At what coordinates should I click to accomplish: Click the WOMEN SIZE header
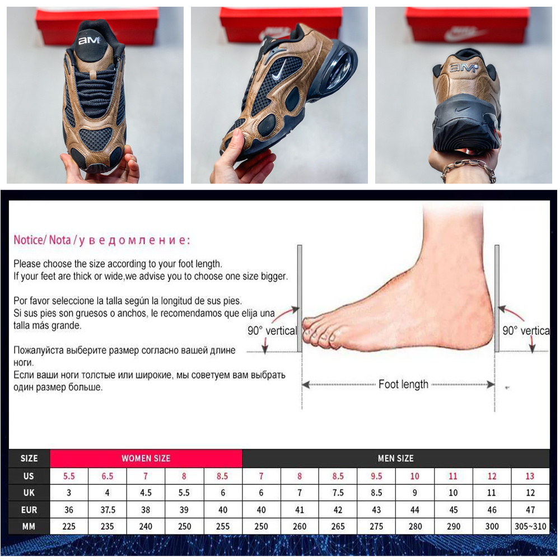click(x=146, y=458)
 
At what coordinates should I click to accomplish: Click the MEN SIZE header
click(x=396, y=458)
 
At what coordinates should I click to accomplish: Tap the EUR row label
click(x=29, y=510)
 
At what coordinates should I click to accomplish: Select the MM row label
click(x=29, y=526)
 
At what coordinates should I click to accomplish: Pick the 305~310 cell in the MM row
click(x=530, y=526)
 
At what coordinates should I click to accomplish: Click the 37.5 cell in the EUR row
click(x=108, y=510)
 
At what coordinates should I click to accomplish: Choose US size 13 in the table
click(x=530, y=476)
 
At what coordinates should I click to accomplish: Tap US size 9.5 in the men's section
click(x=376, y=476)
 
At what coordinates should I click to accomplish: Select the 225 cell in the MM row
click(x=69, y=526)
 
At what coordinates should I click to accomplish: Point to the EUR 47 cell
click(x=530, y=510)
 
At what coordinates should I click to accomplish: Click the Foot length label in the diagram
click(x=403, y=384)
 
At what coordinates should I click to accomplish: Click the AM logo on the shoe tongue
click(x=89, y=40)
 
